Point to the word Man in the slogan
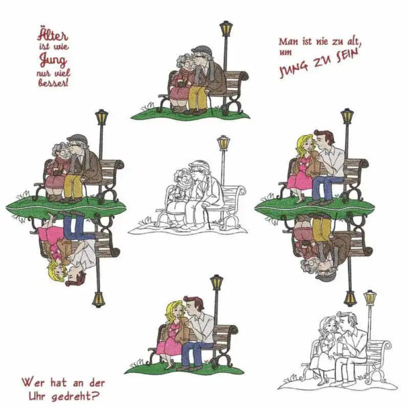pos(288,42)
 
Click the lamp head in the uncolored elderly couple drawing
pos(223,145)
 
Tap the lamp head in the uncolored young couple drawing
pos(370,299)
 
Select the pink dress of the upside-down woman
pos(57,235)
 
